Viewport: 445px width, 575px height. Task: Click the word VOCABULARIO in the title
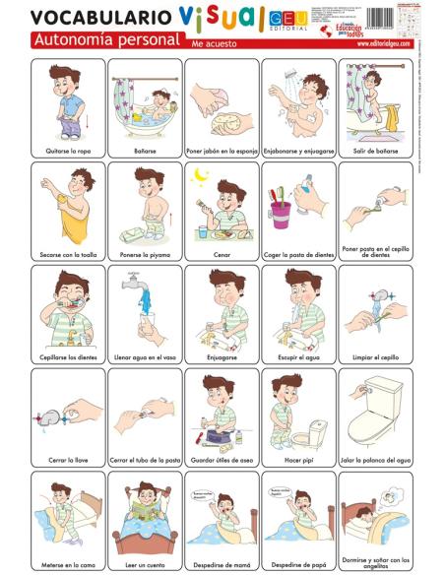click(87, 17)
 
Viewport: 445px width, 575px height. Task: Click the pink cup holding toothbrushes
click(281, 212)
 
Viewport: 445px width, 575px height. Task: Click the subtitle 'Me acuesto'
click(216, 43)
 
